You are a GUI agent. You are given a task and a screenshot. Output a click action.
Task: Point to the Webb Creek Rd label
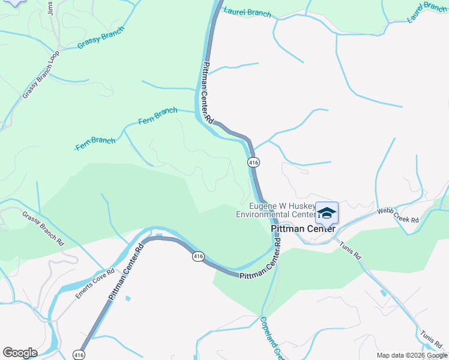coord(397,215)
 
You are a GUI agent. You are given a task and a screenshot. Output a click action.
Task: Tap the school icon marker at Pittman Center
coord(327,213)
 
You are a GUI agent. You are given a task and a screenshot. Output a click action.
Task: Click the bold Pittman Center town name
coord(303,229)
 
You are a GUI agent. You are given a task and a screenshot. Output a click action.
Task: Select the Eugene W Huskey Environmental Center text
coord(275,210)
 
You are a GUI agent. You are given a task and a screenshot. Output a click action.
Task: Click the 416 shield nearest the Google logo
coord(78,355)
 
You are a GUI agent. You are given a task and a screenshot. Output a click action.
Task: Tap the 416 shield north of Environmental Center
coord(253,163)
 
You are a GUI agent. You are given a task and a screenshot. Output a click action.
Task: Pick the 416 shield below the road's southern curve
coord(197,256)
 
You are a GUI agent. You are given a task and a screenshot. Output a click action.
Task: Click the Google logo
coord(20,353)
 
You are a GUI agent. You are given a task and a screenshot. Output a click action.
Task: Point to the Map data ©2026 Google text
coord(412,356)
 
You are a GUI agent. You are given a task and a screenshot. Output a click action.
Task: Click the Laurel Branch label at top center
coord(247,12)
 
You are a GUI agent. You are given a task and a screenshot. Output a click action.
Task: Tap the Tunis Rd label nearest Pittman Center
coord(351,249)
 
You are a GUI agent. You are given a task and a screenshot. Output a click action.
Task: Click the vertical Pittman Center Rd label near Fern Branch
coord(207,93)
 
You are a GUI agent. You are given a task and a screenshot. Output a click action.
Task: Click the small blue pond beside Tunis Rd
coord(383,293)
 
